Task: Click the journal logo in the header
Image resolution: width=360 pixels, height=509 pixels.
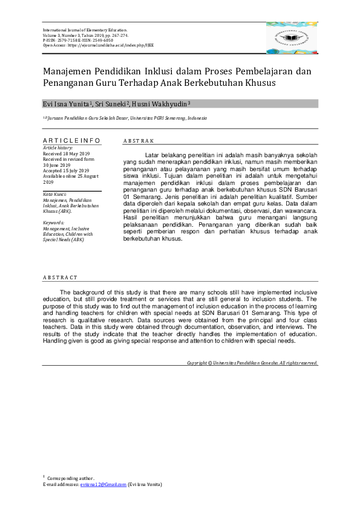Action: pos(291,37)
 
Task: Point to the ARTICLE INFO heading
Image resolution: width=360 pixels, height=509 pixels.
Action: pos(71,141)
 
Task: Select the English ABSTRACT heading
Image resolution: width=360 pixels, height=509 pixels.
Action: pos(60,277)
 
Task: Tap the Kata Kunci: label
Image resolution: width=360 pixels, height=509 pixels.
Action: pos(54,194)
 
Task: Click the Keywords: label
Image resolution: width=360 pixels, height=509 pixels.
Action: pos(54,222)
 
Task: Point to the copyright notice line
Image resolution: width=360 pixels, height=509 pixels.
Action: pos(252,363)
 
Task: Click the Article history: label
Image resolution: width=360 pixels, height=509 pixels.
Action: pos(57,148)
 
